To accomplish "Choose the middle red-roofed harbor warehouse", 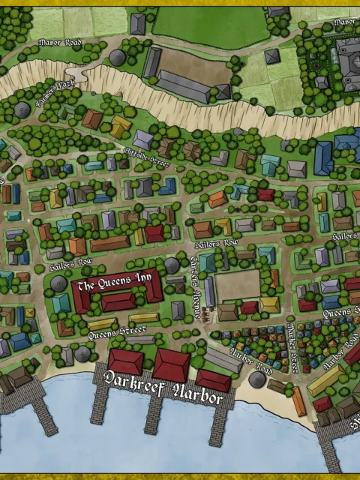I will click(x=171, y=364).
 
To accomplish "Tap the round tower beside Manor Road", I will click(x=116, y=57).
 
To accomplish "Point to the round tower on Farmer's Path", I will click(x=22, y=109).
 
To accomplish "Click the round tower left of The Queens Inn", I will click(x=59, y=283).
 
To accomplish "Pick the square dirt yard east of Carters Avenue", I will click(x=238, y=285).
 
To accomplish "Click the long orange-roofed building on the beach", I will click(x=299, y=401).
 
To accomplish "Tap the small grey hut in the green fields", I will click(x=272, y=55).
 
